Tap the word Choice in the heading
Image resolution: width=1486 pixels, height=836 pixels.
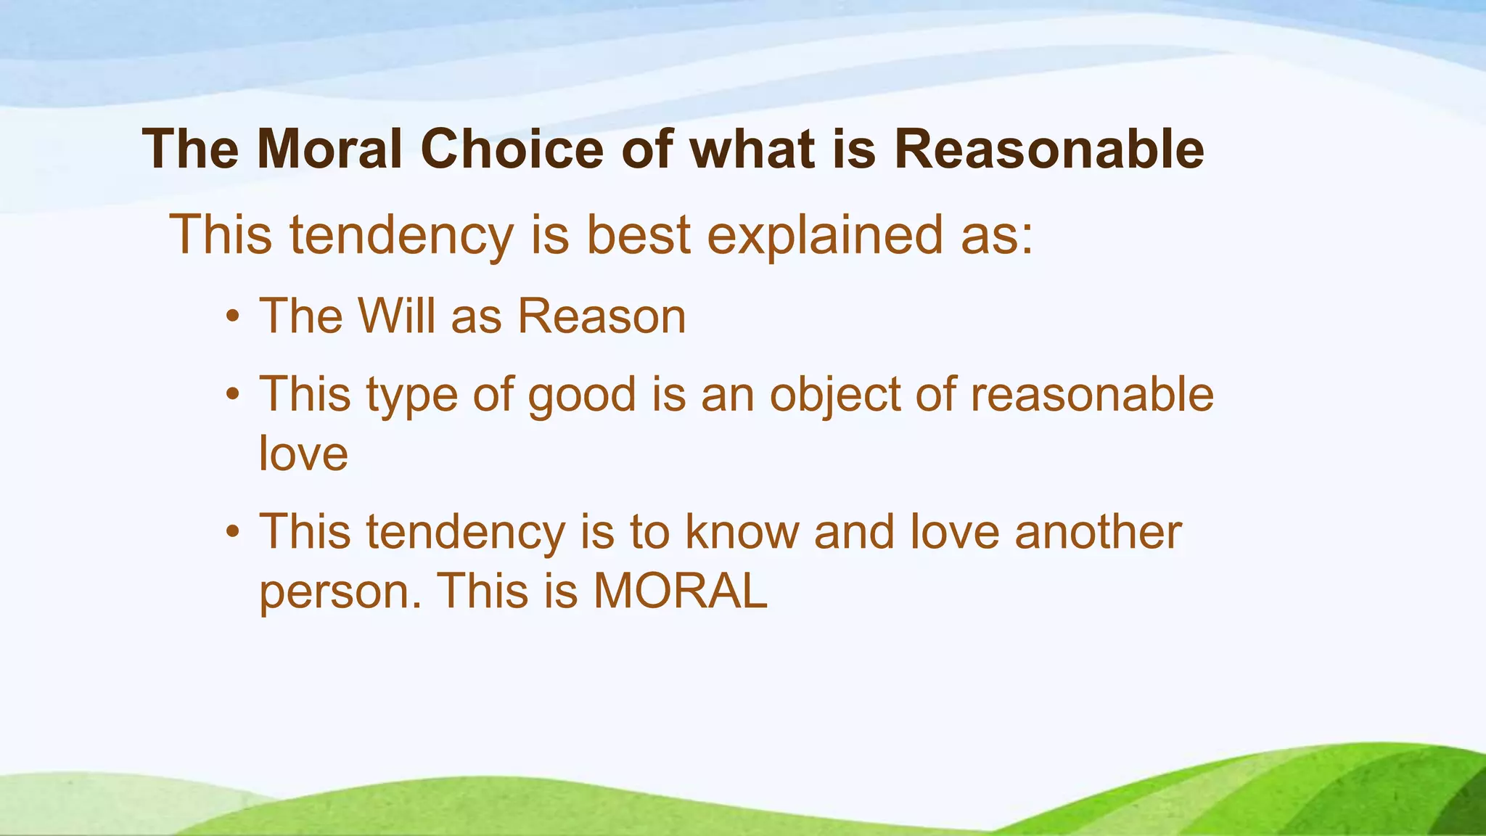tap(512, 149)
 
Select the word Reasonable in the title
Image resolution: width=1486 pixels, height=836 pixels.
tap(1048, 149)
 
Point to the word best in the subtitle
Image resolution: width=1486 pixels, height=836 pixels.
tap(639, 235)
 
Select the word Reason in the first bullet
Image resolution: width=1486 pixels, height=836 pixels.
tap(602, 316)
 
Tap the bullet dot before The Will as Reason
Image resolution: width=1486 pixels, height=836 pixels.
tap(232, 317)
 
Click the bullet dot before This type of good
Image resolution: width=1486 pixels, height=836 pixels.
tap(232, 396)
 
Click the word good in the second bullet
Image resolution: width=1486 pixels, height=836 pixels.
tap(581, 396)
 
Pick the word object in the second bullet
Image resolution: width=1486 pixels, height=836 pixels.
tap(834, 396)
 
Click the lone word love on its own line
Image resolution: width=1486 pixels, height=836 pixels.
tap(303, 454)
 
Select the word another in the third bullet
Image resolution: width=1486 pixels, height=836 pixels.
tap(1098, 532)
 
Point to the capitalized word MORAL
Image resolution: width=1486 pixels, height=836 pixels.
tap(680, 591)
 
